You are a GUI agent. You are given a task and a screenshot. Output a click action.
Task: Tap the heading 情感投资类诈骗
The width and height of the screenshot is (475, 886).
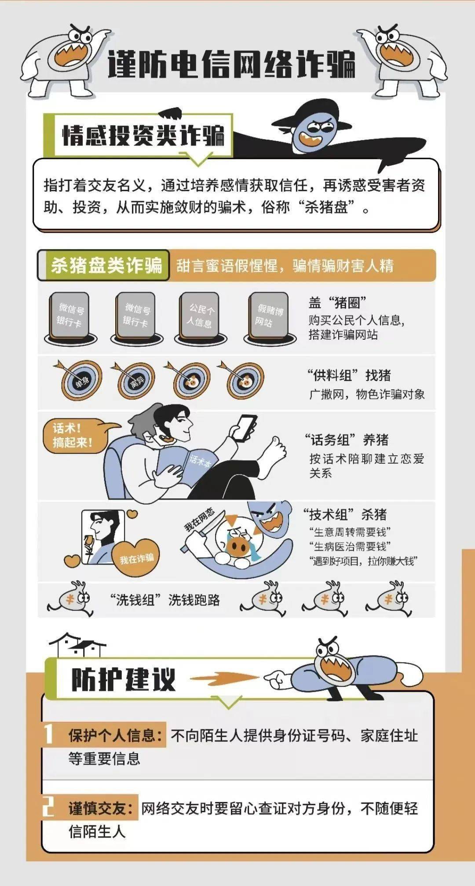tap(143, 135)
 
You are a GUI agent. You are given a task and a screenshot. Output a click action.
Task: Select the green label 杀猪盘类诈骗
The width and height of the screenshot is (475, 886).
tap(106, 265)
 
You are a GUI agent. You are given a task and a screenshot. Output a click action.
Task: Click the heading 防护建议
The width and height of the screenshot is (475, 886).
tap(124, 680)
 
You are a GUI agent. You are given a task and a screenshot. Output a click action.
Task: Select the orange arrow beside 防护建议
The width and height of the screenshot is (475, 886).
tap(224, 677)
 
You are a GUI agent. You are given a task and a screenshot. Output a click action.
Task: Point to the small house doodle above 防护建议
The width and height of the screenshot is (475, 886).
tap(77, 645)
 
